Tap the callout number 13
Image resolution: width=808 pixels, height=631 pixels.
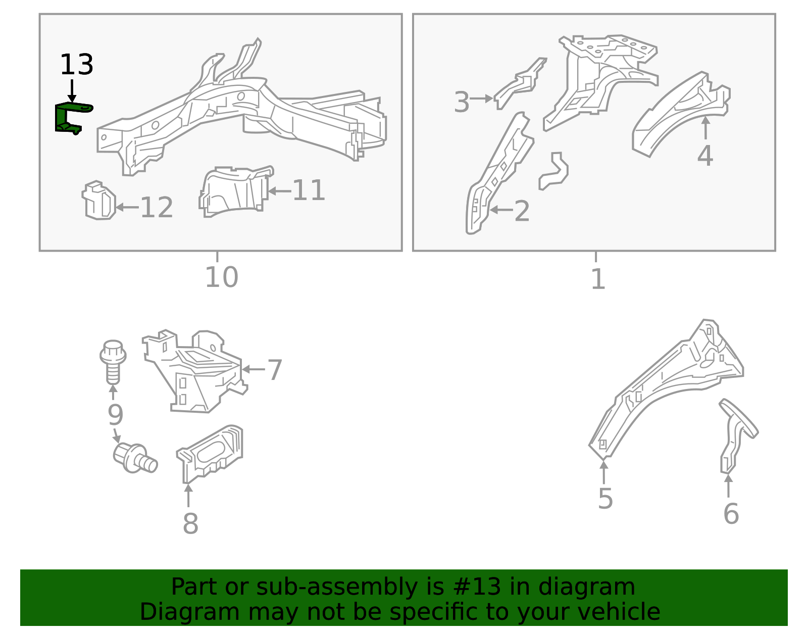(x=77, y=65)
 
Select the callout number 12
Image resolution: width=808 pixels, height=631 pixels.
(x=157, y=208)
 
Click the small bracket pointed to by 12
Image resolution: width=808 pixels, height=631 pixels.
(x=98, y=200)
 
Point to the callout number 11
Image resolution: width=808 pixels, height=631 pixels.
(x=309, y=190)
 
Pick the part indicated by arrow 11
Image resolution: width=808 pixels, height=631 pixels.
(x=236, y=191)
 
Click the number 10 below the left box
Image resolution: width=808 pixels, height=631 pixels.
(x=221, y=277)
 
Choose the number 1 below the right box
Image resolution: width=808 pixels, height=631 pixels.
(x=598, y=279)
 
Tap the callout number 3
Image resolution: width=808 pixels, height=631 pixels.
(x=462, y=102)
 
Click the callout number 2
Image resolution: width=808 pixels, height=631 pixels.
(x=522, y=211)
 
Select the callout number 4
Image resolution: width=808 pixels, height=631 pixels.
(x=705, y=156)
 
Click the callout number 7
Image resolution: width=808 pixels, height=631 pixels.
(x=275, y=370)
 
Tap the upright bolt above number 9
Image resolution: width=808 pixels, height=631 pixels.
(x=113, y=362)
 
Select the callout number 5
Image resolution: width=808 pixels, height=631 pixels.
(x=605, y=499)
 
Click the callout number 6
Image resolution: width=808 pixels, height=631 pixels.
(x=731, y=514)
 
